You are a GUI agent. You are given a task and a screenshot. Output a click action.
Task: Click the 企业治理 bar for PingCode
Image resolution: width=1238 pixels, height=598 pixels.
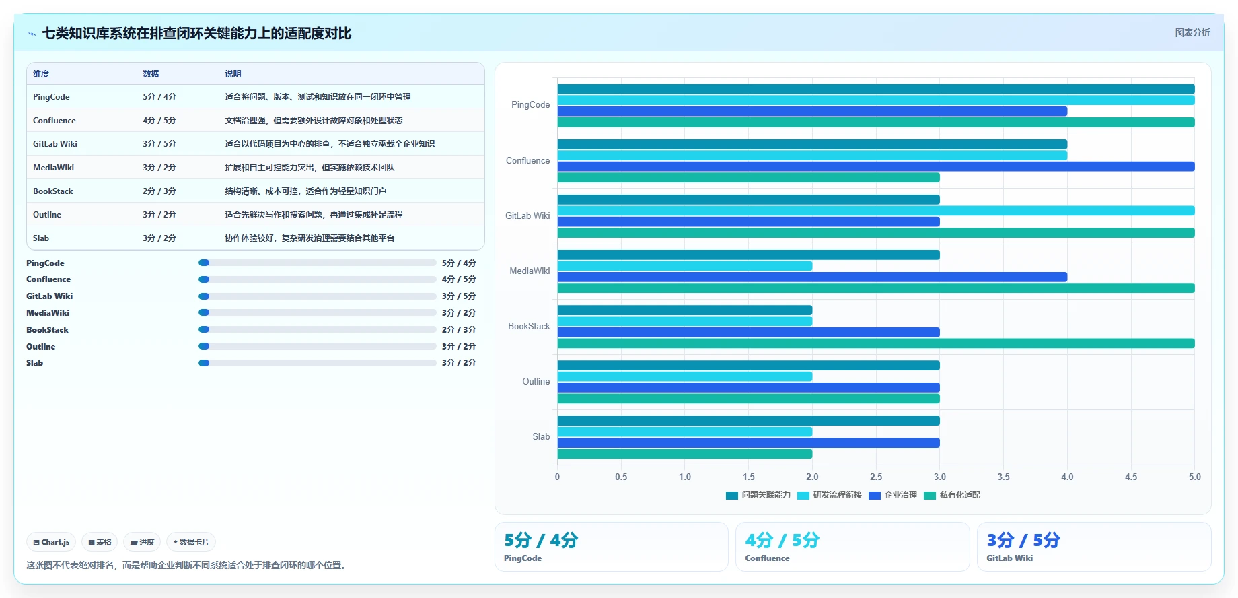click(812, 111)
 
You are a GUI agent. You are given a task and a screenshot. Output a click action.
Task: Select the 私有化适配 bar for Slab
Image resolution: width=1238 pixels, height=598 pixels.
click(685, 454)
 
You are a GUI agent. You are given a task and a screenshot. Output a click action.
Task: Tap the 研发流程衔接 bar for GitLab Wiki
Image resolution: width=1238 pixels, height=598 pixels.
click(876, 211)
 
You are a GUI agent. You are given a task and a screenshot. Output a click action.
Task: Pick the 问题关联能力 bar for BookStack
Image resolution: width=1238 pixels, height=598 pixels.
click(685, 310)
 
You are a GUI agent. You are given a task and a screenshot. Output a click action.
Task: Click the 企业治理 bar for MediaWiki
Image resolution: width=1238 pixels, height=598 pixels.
click(812, 277)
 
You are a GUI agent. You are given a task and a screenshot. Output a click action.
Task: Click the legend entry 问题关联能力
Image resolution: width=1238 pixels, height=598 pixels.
click(758, 495)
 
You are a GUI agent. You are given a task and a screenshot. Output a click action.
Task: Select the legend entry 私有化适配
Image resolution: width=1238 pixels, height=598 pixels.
click(952, 495)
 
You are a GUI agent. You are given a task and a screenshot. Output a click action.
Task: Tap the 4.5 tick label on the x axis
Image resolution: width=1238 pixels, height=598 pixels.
click(1131, 477)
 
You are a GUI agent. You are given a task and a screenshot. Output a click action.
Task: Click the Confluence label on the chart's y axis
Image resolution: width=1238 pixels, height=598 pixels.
click(527, 160)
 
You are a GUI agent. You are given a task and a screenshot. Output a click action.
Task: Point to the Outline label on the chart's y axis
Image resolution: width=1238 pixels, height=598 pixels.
click(536, 381)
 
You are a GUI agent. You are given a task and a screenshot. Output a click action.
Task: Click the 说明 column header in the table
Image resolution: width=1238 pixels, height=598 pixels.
click(233, 74)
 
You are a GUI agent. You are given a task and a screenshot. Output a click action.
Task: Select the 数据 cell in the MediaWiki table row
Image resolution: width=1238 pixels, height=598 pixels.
click(159, 168)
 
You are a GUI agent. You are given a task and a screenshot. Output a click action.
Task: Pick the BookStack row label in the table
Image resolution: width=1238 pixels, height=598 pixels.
click(53, 191)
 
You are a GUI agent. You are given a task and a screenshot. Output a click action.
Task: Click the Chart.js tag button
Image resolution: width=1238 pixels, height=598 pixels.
click(51, 542)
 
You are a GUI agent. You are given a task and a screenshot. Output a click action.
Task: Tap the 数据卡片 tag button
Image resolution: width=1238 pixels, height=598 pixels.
click(191, 542)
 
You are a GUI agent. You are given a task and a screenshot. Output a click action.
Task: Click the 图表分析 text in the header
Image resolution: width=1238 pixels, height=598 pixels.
click(1192, 32)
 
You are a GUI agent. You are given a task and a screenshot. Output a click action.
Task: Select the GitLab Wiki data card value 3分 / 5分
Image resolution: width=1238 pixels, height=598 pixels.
click(1023, 540)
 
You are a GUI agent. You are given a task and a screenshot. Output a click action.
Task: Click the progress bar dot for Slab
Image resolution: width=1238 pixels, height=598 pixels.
click(204, 363)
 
